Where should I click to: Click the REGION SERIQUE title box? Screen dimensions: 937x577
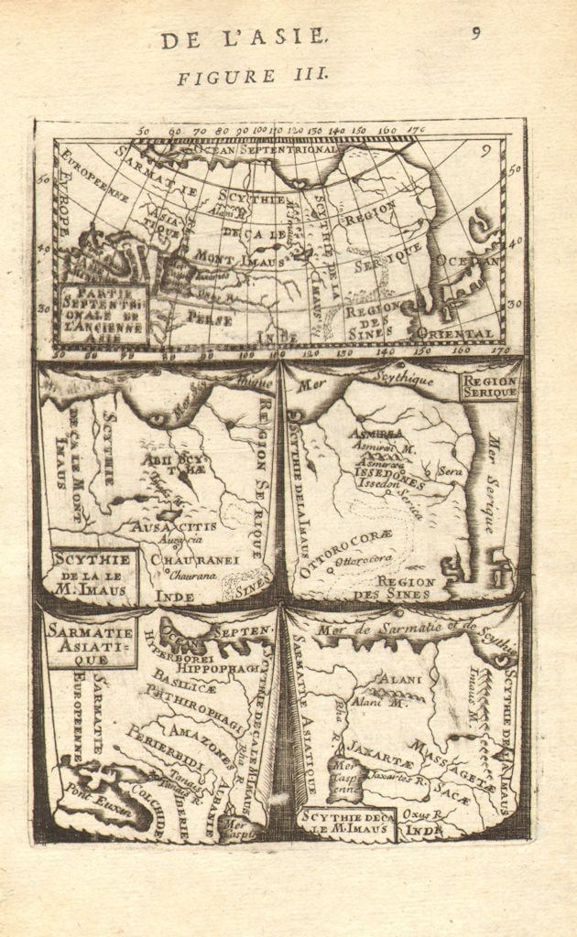[x=489, y=386]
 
